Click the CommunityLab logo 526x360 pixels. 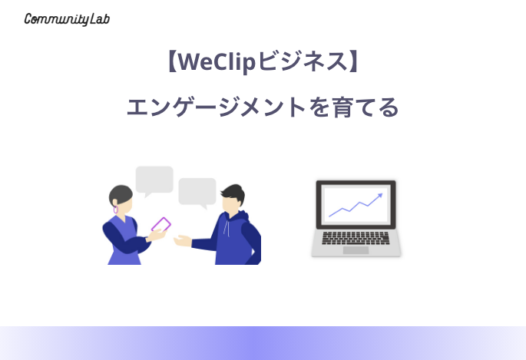(x=67, y=19)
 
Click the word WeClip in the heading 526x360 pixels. (x=217, y=62)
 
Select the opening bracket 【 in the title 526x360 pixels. (x=172, y=61)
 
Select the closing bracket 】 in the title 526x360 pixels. (x=354, y=61)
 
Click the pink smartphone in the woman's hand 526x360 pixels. (x=161, y=225)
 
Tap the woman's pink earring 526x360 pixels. (x=116, y=210)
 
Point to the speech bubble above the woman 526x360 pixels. (x=154, y=181)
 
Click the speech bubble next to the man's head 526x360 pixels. (x=197, y=193)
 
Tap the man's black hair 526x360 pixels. (x=234, y=193)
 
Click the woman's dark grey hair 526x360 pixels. (x=120, y=194)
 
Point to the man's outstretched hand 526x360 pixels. (x=183, y=241)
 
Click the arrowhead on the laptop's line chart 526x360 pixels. (x=380, y=195)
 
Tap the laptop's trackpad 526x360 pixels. (x=356, y=250)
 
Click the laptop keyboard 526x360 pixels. (x=356, y=238)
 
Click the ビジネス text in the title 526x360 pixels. (x=303, y=62)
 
